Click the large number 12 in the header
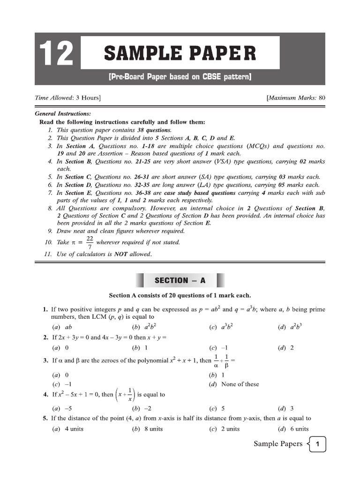(56, 54)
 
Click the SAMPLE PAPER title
(180, 53)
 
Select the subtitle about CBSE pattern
(180, 76)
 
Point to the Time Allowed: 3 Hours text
(68, 98)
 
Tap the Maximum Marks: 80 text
(295, 98)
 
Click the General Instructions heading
(63, 114)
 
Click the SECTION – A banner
(180, 280)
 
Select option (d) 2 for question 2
(286, 348)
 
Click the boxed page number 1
(317, 444)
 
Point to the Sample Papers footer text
(278, 444)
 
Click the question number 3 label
(45, 361)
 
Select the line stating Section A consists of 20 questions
(180, 295)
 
